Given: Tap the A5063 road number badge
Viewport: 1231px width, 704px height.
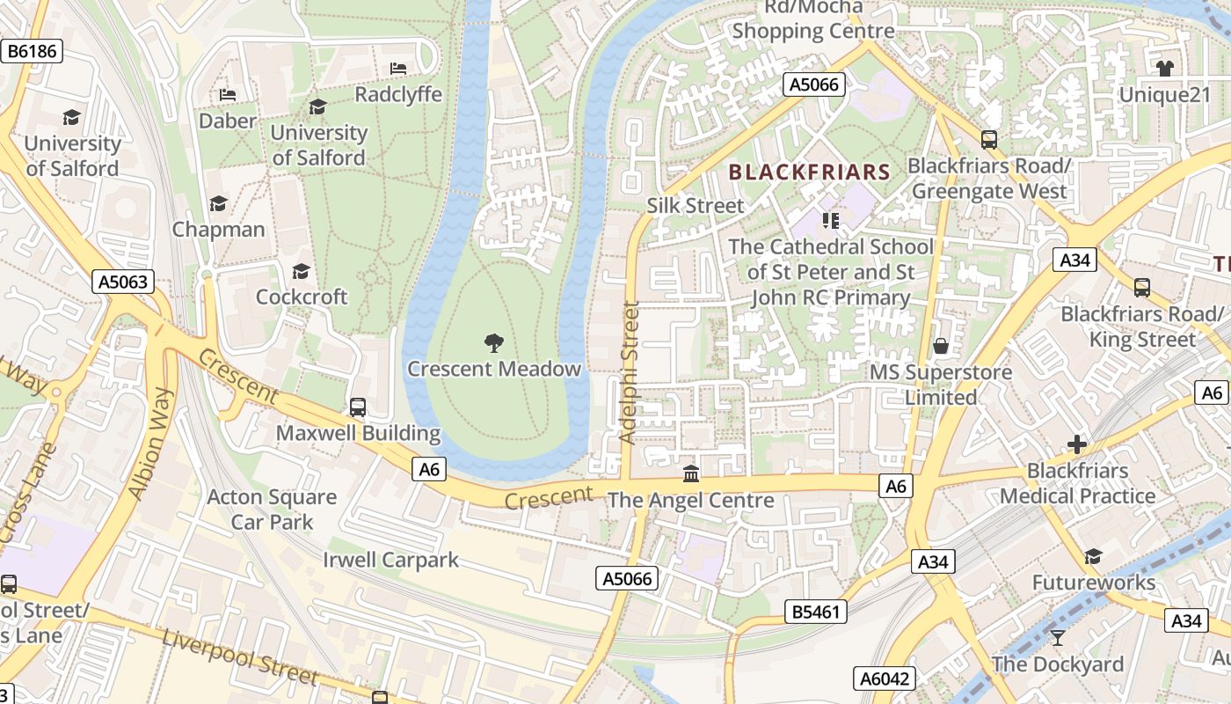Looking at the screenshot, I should point(123,282).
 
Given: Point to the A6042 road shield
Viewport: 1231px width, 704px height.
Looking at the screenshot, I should point(885,678).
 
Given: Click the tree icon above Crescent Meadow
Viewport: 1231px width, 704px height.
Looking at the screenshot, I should point(494,343).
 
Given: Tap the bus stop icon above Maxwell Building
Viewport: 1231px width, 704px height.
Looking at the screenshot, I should point(358,407).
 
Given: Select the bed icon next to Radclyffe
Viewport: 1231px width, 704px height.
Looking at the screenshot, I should point(398,69).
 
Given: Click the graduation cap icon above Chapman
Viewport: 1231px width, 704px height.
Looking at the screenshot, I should point(218,204).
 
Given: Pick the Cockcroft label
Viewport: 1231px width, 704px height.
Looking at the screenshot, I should point(302,297).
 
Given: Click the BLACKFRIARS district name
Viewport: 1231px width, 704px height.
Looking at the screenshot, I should point(810,172).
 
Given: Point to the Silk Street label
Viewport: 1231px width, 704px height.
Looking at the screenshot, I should point(696,205).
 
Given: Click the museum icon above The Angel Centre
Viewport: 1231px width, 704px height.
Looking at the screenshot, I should point(691,474).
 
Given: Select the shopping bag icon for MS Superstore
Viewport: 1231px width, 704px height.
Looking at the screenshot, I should point(941,346).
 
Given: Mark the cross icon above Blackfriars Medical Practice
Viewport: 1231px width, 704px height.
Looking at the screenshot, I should point(1077,444).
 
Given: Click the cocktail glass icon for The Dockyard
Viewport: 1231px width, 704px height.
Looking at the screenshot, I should point(1058,638).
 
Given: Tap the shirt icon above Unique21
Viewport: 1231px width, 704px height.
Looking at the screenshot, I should point(1165,69).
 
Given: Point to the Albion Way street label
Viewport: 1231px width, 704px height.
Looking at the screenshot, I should point(150,444).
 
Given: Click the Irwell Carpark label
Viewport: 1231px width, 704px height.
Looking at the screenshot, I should point(390,560).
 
